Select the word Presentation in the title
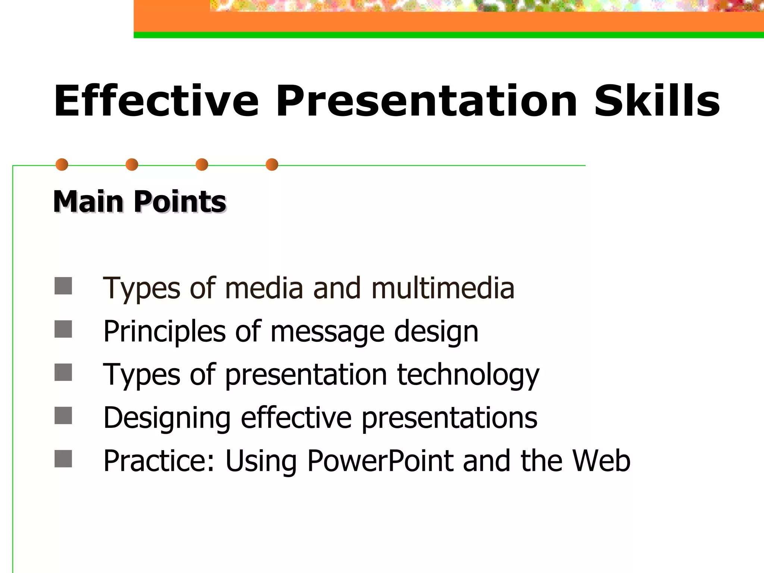pyautogui.click(x=426, y=101)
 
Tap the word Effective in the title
pyautogui.click(x=156, y=101)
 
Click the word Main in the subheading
pyautogui.click(x=88, y=201)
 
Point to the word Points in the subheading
pyautogui.click(x=180, y=201)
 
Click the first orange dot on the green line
pyautogui.click(x=62, y=165)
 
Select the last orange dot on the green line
pyautogui.click(x=272, y=165)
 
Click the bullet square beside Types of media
pyautogui.click(x=63, y=286)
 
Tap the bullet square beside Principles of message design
pyautogui.click(x=63, y=329)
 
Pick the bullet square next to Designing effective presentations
pyautogui.click(x=63, y=416)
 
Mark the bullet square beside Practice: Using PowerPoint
pyautogui.click(x=63, y=459)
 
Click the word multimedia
pyautogui.click(x=443, y=288)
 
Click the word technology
pyautogui.click(x=468, y=375)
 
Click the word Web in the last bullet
pyautogui.click(x=601, y=461)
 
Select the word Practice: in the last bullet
pyautogui.click(x=159, y=461)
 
